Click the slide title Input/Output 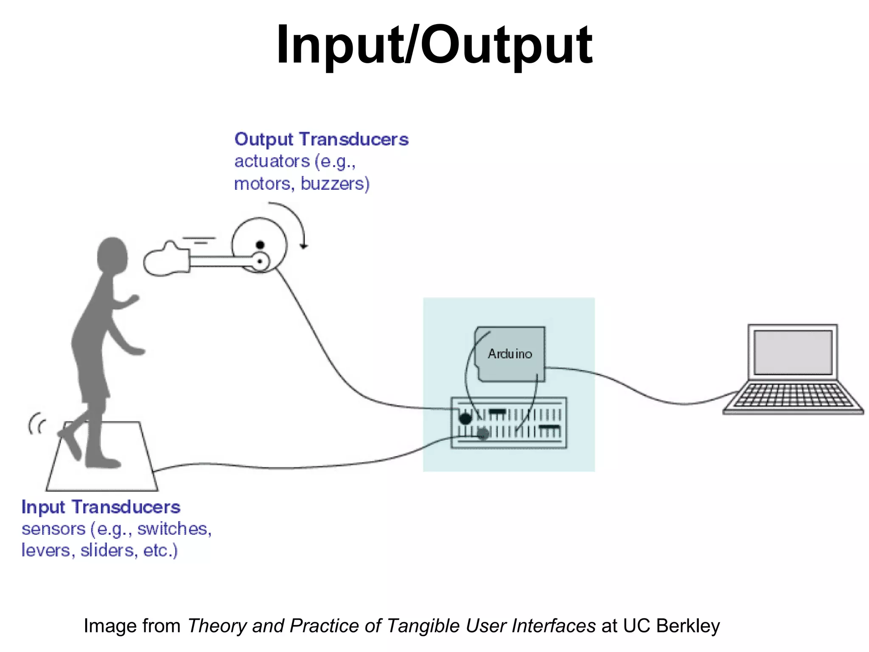point(434,45)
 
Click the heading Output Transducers point(321,140)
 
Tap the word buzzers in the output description point(335,184)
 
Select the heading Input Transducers point(101,507)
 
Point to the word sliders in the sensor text point(108,551)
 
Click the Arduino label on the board point(510,354)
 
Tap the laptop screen point(792,352)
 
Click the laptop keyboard point(792,396)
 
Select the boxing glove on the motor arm point(165,260)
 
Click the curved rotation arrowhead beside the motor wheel point(303,246)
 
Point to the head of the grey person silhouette point(112,255)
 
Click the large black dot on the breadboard point(465,419)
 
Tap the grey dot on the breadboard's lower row point(483,434)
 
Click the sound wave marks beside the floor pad point(36,424)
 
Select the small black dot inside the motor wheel point(260,245)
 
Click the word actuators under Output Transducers point(272,162)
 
